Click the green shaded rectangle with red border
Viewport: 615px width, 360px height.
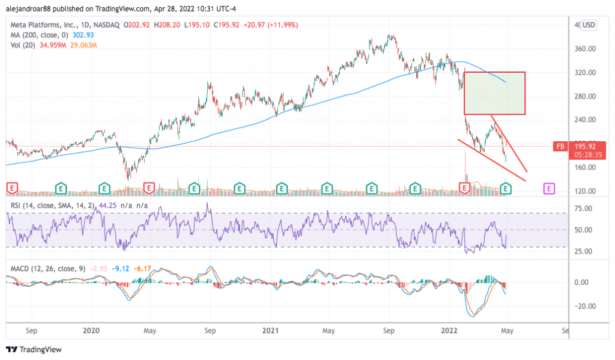494,93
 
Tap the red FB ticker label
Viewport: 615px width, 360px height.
560,146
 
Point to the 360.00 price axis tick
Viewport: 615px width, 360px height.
583,49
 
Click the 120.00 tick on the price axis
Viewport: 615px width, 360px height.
583,191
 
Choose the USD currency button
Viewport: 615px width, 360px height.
588,25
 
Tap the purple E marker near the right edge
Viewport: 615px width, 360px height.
549,188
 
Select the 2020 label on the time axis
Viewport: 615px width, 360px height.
91,331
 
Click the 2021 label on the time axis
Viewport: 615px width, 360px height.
271,331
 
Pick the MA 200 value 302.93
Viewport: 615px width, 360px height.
84,35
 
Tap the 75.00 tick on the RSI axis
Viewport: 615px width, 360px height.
583,209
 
